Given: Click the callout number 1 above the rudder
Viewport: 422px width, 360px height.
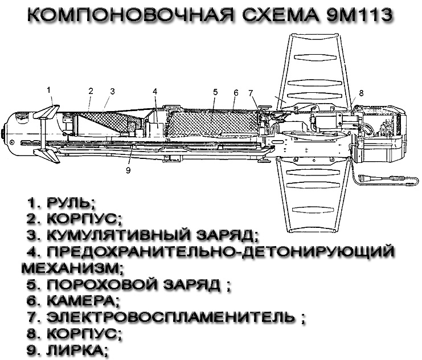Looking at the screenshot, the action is [49, 90].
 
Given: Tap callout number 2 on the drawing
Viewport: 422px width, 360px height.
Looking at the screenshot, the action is [91, 91].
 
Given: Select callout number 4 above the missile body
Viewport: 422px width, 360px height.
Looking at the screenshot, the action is [155, 92].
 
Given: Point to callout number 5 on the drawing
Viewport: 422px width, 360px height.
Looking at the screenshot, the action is [215, 92].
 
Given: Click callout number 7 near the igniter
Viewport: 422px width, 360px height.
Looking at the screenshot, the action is [251, 93].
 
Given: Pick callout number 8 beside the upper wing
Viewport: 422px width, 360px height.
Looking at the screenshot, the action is [361, 93].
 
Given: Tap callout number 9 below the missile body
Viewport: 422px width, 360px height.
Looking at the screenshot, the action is [128, 170].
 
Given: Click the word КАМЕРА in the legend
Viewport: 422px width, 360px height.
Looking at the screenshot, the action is [83, 301].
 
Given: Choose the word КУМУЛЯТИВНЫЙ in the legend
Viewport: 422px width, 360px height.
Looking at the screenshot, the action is [118, 235].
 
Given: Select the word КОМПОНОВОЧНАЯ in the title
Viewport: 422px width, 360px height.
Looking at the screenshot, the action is [130, 15].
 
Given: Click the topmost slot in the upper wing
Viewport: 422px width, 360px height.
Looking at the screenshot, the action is [316, 58].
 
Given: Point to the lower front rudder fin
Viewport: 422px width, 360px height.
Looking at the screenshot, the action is [47, 156].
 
